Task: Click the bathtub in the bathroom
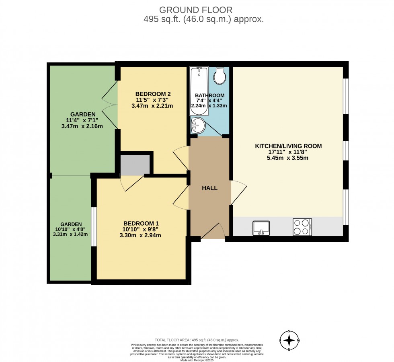pos(199,90)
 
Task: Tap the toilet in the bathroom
pos(220,76)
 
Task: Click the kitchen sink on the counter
pos(261,227)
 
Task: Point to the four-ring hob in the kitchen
pos(302,227)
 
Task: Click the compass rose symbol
pos(289,340)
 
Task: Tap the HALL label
pos(209,188)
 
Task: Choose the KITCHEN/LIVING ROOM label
pos(288,146)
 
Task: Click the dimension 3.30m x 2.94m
pos(140,235)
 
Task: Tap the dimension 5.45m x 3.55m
pos(288,158)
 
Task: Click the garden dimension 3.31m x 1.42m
pos(70,234)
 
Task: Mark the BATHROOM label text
pos(209,95)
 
